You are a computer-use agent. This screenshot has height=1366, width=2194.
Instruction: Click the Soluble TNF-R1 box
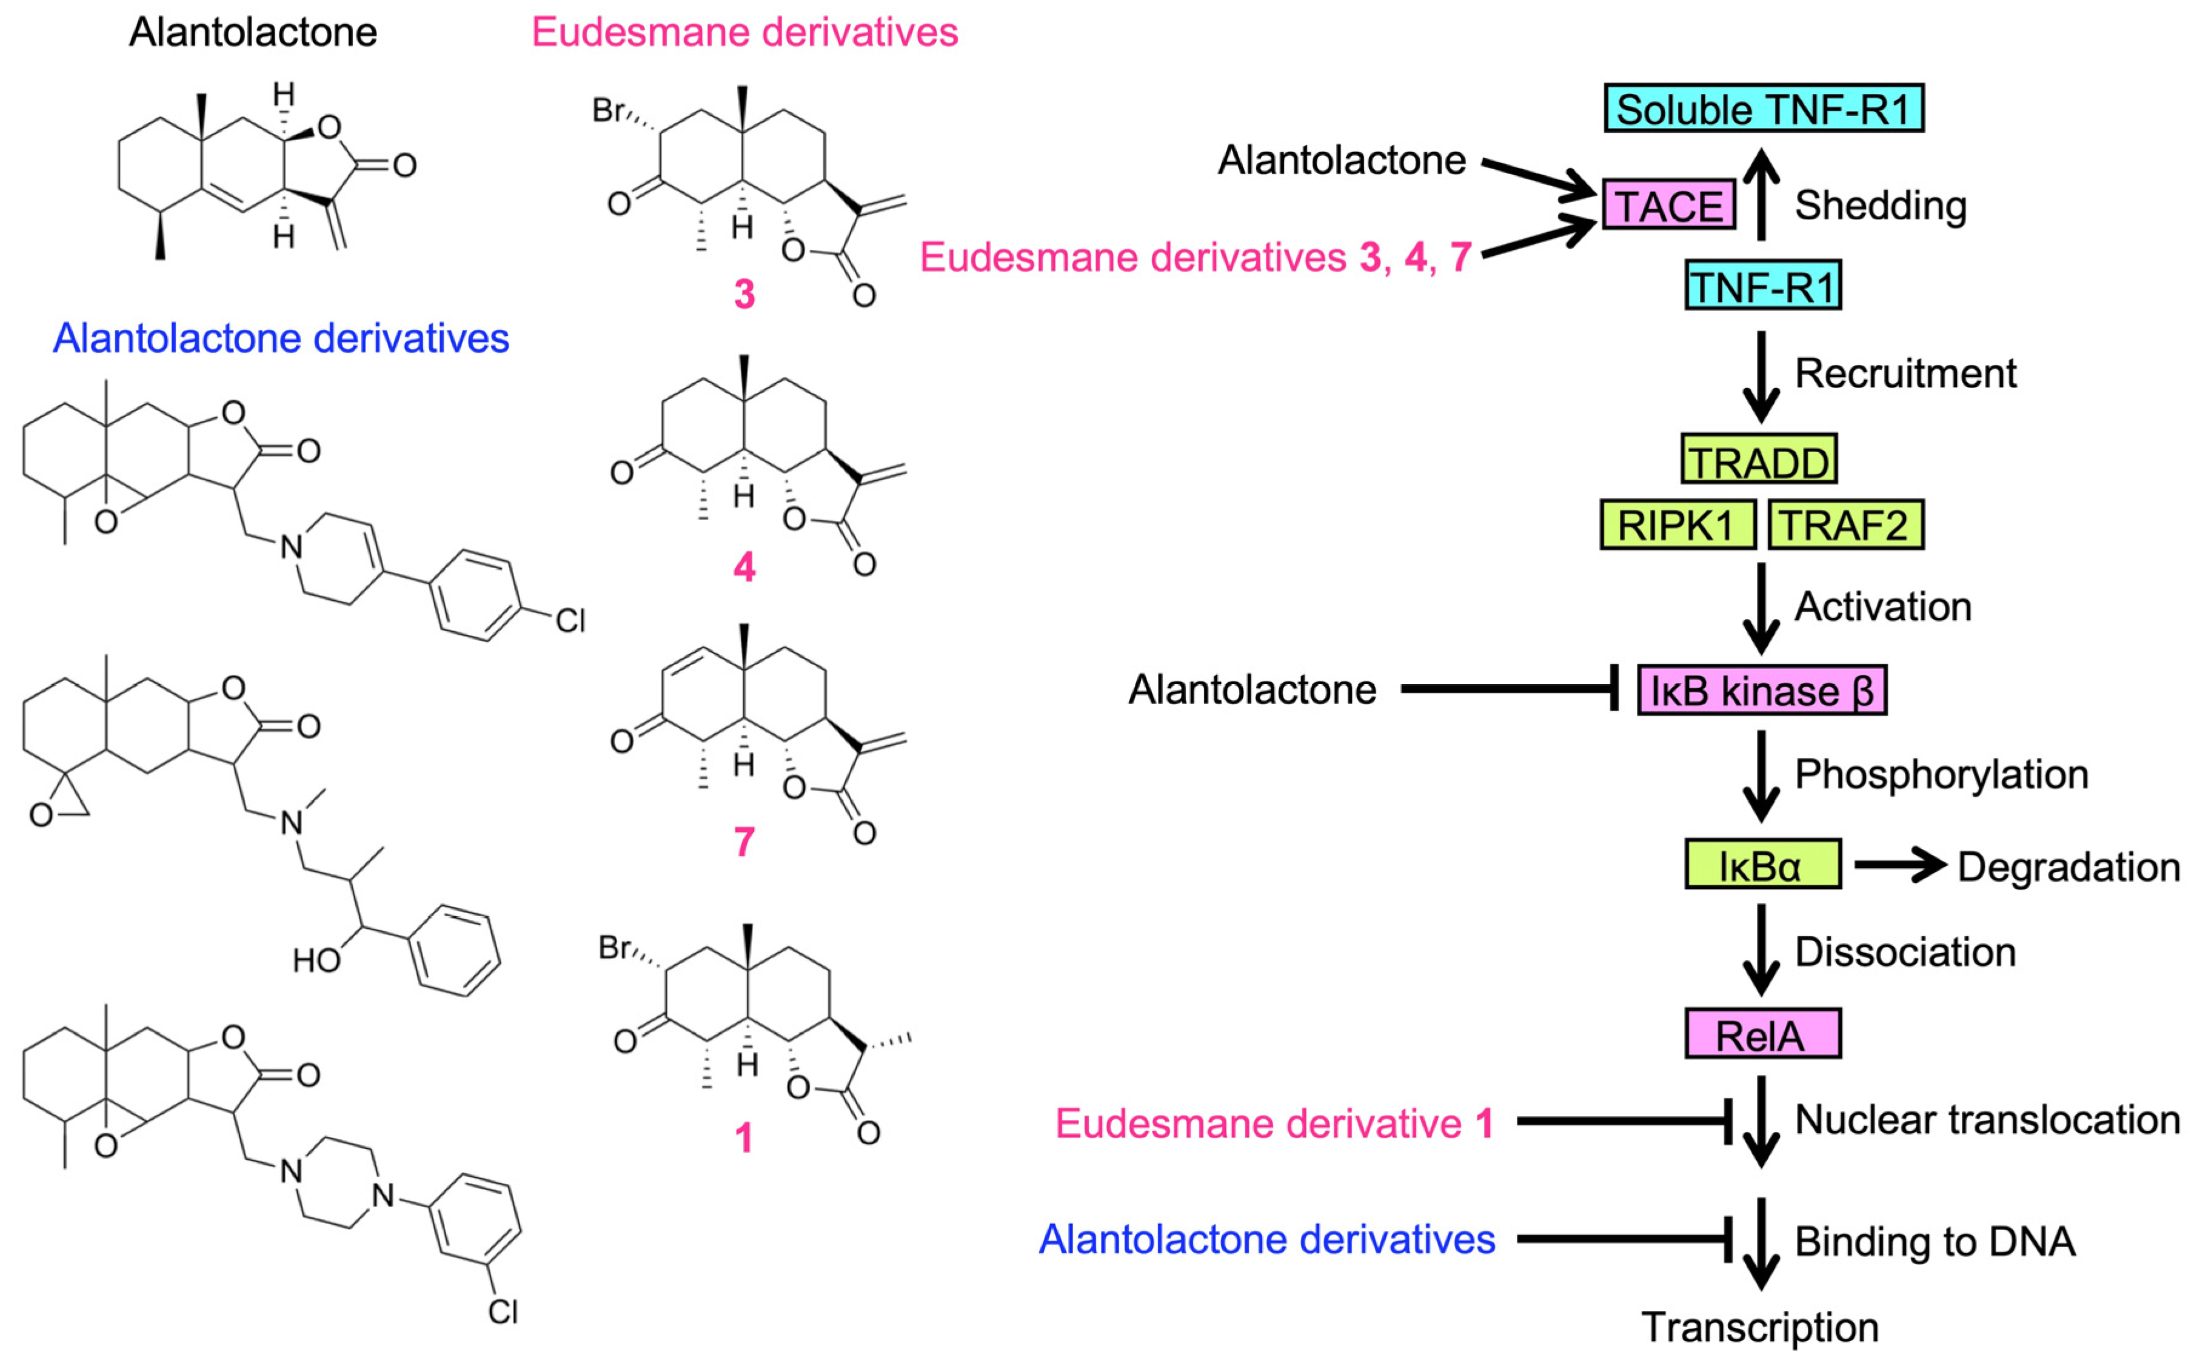[x=1763, y=109]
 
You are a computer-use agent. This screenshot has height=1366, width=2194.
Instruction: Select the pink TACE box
[x=1668, y=205]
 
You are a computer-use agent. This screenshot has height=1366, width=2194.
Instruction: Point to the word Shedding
[x=1881, y=205]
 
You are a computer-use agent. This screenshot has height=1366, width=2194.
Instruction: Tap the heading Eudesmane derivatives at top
[x=744, y=33]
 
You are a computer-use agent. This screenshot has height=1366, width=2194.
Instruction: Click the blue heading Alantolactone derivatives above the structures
[x=281, y=338]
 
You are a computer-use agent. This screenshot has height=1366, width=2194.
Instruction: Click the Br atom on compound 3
[x=609, y=110]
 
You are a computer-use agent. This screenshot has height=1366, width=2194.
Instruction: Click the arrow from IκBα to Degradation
[x=1899, y=865]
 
